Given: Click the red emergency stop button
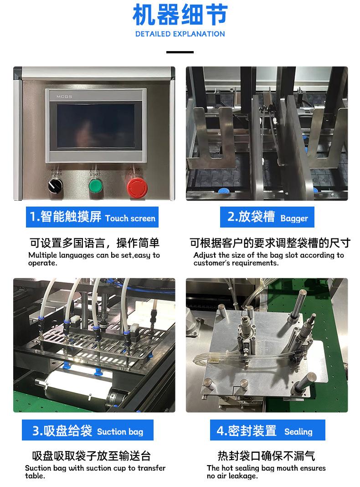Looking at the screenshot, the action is pyautogui.click(x=137, y=187).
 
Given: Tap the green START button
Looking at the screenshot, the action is pyautogui.click(x=96, y=186).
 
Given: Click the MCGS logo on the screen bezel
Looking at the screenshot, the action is pyautogui.click(x=64, y=97).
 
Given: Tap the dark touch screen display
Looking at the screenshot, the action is pyautogui.click(x=96, y=126).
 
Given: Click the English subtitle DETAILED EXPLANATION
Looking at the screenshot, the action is pyautogui.click(x=180, y=34).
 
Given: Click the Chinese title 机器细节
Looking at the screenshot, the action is pyautogui.click(x=180, y=15).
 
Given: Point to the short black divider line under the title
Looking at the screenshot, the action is pyautogui.click(x=180, y=52).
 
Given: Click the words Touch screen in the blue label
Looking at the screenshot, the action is pyautogui.click(x=130, y=218).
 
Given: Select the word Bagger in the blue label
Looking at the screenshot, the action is pyautogui.click(x=294, y=219).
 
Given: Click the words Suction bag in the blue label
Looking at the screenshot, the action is pyautogui.click(x=120, y=432).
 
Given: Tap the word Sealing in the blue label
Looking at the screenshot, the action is pyautogui.click(x=298, y=432).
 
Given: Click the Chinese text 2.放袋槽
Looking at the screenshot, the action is pyautogui.click(x=251, y=217).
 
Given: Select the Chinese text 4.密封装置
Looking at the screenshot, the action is pyautogui.click(x=247, y=431).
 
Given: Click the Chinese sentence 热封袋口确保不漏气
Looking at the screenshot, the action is pyautogui.click(x=266, y=456).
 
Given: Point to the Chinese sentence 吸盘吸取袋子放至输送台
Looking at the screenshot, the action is pyautogui.click(x=91, y=456).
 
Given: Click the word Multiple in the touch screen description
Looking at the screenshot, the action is pyautogui.click(x=42, y=255).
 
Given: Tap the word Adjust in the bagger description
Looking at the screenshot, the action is pyautogui.click(x=205, y=255).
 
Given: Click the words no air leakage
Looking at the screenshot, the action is pyautogui.click(x=232, y=476).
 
